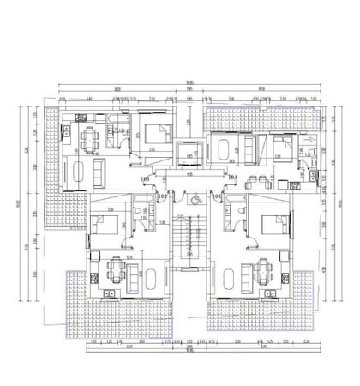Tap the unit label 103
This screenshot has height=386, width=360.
145,178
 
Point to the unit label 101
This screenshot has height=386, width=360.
217,196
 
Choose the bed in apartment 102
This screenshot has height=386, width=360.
106,226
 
